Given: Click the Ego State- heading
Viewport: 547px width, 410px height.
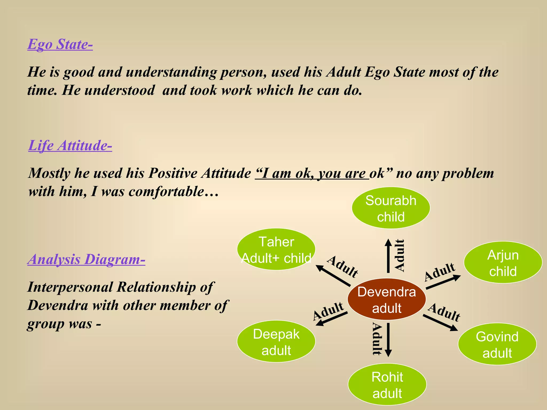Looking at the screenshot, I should pos(60,44).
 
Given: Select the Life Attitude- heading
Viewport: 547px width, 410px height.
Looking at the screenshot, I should pos(70,146).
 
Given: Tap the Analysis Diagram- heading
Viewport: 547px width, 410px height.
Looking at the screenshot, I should pos(86,259).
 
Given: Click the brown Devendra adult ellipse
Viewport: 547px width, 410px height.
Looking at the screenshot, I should pos(386,299).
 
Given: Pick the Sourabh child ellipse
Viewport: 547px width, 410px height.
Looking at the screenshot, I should pos(391,208).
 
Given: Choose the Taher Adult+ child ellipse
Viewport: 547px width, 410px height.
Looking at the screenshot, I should pos(276,249).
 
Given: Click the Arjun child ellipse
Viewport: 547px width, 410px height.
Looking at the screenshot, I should pos(503,262).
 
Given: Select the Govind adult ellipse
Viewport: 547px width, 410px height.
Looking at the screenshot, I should pos(497,344).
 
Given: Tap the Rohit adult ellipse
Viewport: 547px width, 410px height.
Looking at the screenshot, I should pos(387,384).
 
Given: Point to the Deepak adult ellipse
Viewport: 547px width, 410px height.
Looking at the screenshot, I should pos(276,341).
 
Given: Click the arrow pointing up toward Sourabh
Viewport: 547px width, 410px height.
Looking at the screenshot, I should pos(388,256).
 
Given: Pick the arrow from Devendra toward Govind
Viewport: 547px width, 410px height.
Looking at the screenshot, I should pos(440,323).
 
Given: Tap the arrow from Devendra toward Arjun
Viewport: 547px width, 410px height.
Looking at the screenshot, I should pos(443,282).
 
